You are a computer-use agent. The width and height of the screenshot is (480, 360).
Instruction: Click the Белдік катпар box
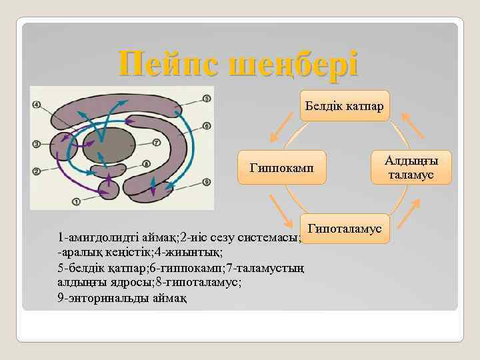(344, 106)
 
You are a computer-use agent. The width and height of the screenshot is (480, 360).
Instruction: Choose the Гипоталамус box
(344, 229)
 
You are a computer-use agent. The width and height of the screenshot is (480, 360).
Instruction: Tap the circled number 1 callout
(75, 201)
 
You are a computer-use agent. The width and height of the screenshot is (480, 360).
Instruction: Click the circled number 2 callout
(36, 171)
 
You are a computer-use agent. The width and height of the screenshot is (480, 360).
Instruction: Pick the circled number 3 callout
(36, 143)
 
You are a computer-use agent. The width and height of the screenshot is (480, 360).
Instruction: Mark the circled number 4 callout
(36, 105)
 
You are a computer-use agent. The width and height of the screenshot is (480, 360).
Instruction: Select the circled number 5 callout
(207, 99)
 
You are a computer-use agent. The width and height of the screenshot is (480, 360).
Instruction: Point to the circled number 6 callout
(207, 125)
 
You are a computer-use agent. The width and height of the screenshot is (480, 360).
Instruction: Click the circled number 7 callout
(156, 142)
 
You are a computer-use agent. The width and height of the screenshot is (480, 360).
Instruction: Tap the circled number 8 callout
(146, 164)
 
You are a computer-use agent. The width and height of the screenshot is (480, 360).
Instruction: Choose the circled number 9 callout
(207, 181)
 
